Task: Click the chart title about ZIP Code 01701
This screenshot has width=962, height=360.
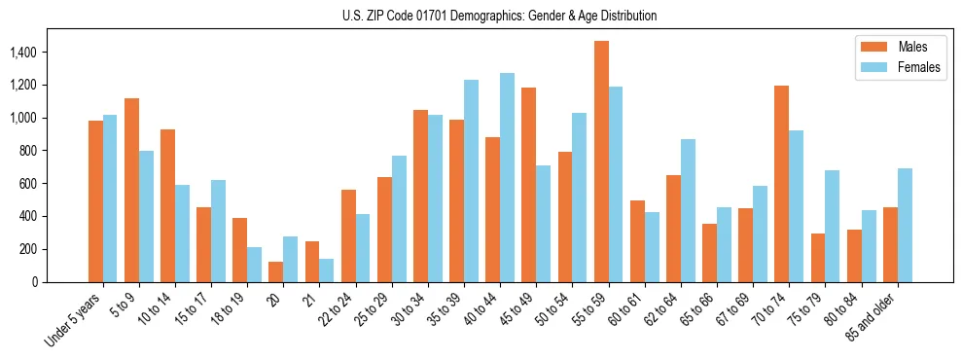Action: point(499,16)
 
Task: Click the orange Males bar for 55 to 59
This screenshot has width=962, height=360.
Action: point(601,162)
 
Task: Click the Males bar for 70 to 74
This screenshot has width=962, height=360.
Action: point(782,184)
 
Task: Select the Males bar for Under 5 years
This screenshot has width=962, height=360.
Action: point(95,201)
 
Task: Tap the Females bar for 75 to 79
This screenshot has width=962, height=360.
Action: point(833,226)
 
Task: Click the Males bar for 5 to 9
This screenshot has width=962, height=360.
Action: point(131,190)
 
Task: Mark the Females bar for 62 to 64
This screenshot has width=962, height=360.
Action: point(688,210)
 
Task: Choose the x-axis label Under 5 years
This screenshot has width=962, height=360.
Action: point(75,319)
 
